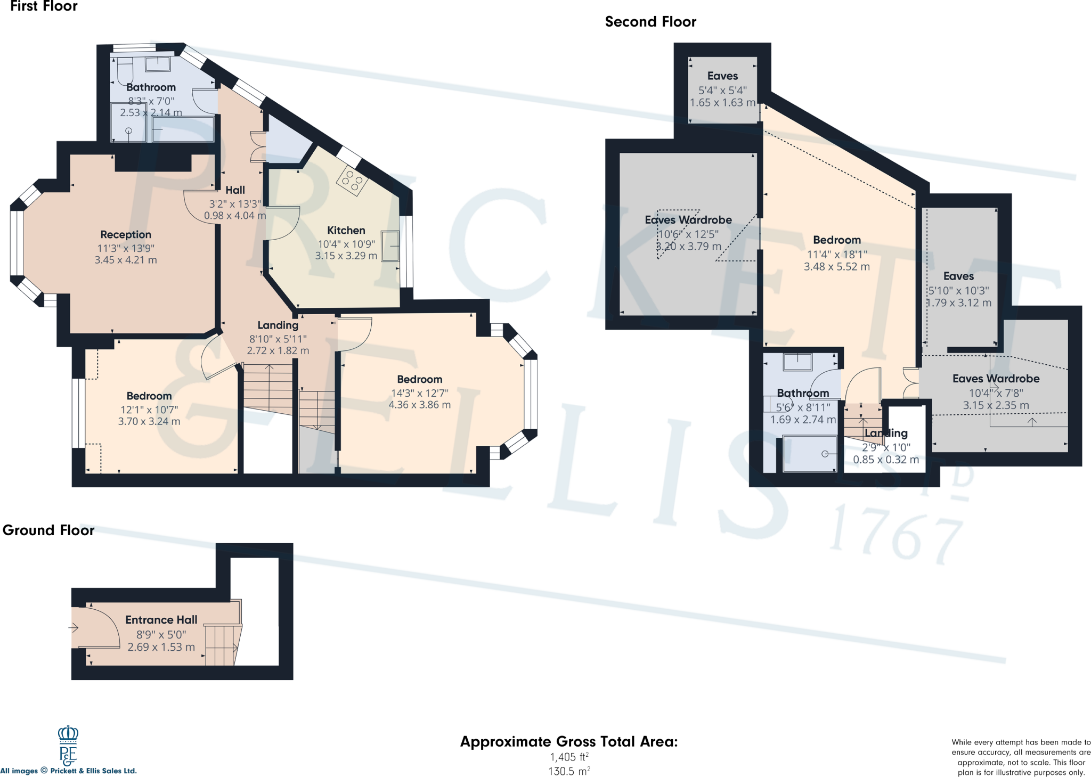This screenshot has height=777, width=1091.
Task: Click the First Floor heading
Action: click(x=44, y=6)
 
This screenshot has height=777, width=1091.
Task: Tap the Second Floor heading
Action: click(x=650, y=22)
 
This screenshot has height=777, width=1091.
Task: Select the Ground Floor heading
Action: click(x=48, y=530)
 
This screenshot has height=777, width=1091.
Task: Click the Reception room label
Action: click(x=126, y=234)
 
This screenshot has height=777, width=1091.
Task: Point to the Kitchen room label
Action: click(x=346, y=230)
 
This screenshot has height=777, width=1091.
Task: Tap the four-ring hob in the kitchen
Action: click(x=352, y=181)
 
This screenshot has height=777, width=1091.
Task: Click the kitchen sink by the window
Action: click(x=390, y=246)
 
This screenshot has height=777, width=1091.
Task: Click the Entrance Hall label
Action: click(x=161, y=620)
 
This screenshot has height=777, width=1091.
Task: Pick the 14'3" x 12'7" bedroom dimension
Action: click(x=420, y=393)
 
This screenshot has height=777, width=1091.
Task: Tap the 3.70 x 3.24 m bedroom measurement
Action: click(x=149, y=421)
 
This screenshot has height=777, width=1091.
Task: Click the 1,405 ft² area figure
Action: click(x=569, y=757)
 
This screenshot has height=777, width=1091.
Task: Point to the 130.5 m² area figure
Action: click(x=569, y=771)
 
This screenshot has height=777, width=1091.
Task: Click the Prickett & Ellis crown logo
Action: click(x=68, y=745)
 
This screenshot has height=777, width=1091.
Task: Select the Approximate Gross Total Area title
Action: click(x=569, y=742)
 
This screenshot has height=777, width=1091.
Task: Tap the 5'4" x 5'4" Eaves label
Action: click(x=723, y=90)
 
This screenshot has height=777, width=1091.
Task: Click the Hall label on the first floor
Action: click(x=235, y=190)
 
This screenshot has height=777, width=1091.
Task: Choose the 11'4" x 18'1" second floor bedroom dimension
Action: click(x=837, y=254)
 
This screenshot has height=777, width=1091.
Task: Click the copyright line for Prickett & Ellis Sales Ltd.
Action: click(x=69, y=771)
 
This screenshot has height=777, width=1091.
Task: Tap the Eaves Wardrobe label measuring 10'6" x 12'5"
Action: click(x=688, y=220)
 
